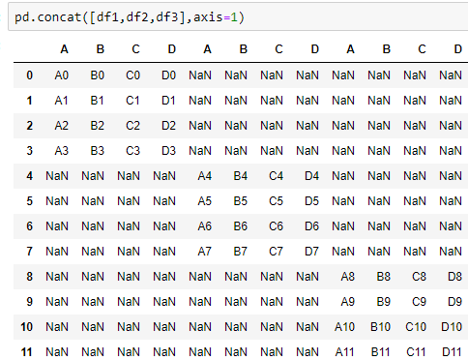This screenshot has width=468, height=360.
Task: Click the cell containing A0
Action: (x=62, y=75)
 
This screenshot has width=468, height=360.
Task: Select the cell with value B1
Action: (x=98, y=100)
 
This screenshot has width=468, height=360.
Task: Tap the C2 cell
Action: (x=133, y=125)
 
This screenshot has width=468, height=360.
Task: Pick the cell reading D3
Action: (x=169, y=150)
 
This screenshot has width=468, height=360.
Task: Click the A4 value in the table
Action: (x=204, y=175)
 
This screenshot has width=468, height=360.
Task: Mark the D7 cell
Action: (x=311, y=251)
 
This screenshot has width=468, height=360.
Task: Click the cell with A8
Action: (x=347, y=276)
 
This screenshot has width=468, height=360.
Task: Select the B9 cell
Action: (x=383, y=301)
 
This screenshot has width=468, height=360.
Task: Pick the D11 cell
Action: (x=452, y=351)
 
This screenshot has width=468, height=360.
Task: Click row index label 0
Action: (x=30, y=75)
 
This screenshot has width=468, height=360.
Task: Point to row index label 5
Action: (x=30, y=200)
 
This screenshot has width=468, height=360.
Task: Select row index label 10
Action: (x=27, y=326)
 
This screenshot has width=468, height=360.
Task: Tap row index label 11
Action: (x=27, y=351)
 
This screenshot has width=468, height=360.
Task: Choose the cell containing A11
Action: (x=345, y=351)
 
